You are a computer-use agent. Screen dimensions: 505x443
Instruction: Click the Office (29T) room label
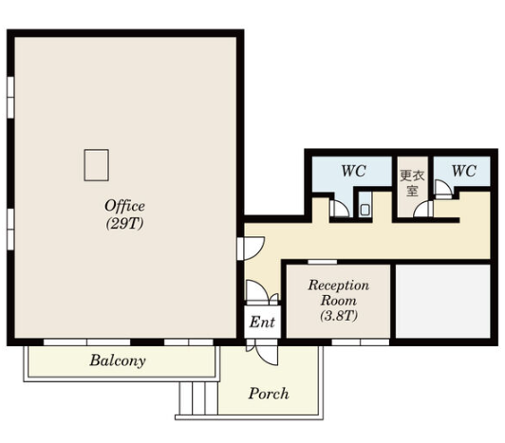124,214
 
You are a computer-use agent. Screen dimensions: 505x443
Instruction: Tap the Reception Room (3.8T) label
339,301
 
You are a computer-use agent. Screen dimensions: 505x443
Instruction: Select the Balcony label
118,360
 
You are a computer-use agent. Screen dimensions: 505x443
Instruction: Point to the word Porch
269,394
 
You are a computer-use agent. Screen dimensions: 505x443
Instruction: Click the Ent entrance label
262,322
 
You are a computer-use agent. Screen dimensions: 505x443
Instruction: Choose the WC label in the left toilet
354,171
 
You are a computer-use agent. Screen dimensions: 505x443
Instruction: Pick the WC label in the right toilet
464,171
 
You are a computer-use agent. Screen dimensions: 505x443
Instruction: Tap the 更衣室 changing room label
412,183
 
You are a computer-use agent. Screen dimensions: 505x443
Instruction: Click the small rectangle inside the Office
96,165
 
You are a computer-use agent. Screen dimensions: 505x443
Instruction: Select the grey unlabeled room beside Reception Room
443,302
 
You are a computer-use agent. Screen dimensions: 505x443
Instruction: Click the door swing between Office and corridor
252,249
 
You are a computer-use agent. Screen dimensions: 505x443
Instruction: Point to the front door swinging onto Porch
267,355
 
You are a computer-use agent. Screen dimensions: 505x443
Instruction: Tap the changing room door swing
423,209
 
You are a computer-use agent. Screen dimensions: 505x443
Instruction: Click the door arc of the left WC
340,209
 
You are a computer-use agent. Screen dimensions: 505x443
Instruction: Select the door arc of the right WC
443,188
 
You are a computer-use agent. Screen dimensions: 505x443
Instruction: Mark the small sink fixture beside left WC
365,210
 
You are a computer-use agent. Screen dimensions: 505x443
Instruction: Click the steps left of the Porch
198,397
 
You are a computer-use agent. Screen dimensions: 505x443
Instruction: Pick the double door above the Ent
262,292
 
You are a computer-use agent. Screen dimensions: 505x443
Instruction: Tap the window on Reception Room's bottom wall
361,341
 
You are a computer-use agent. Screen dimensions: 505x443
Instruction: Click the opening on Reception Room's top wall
323,262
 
